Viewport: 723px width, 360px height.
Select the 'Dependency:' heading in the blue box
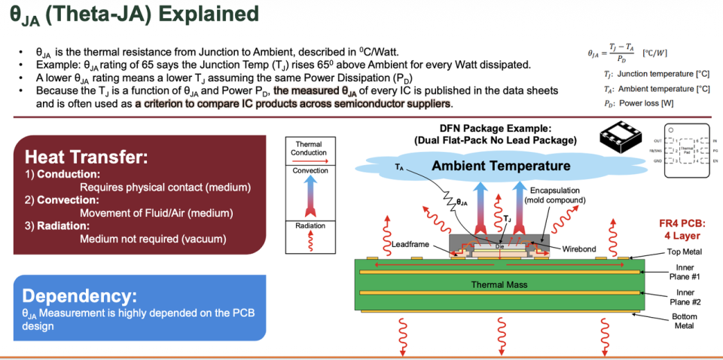pos(79,295)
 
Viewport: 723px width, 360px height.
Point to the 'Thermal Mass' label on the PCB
pos(498,285)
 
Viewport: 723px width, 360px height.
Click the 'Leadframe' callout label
pos(411,245)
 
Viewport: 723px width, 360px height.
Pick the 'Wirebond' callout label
pos(578,248)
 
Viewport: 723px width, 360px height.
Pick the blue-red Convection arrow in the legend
pos(309,195)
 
